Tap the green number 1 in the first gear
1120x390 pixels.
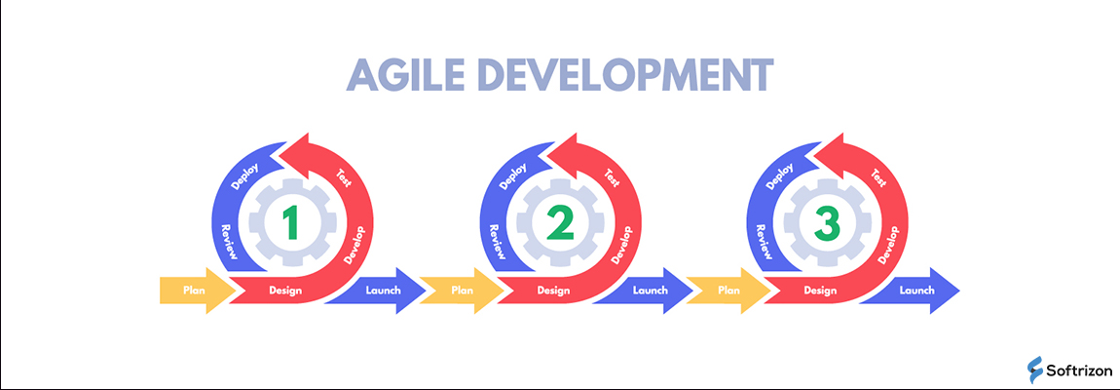289,222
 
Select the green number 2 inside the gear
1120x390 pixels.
559,222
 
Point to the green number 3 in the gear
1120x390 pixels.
827,222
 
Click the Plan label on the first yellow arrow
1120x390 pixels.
194,291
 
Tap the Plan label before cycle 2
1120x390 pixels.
462,291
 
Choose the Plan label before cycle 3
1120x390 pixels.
728,291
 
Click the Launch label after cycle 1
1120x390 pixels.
383,291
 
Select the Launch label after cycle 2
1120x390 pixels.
650,291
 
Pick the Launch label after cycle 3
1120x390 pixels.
917,291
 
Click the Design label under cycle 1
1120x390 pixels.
285,291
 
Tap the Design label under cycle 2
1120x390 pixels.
553,291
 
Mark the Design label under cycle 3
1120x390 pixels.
821,291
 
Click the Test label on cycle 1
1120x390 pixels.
344,177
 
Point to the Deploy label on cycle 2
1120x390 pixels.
513,175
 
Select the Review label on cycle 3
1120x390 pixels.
763,241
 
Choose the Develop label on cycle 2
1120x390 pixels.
622,244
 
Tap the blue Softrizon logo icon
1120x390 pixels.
1035,370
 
